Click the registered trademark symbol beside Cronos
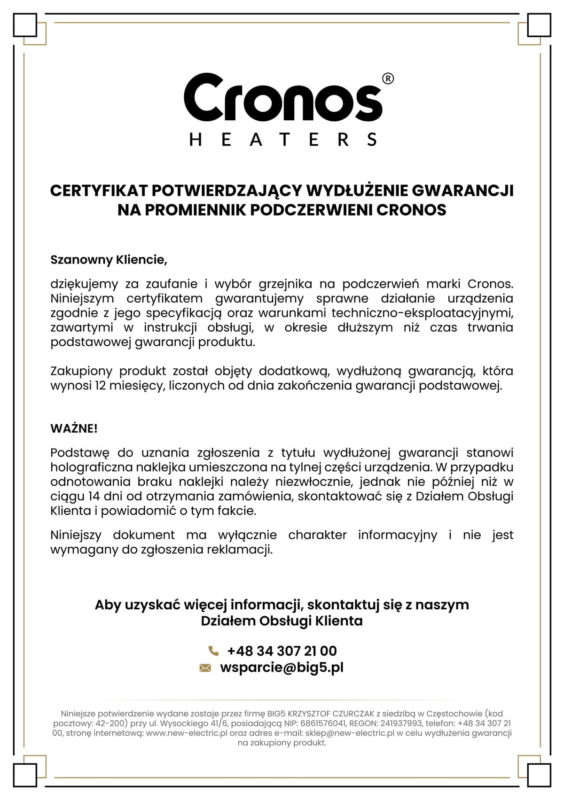coord(388,79)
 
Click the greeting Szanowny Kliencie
coord(109,260)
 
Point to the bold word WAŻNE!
coord(74,428)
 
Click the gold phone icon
coord(213,651)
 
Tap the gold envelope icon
coord(205,668)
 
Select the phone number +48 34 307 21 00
coord(282,651)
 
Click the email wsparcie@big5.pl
coord(282,668)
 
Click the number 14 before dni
coord(94,497)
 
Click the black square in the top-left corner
coord(25,25)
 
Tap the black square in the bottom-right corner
coord(539,775)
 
